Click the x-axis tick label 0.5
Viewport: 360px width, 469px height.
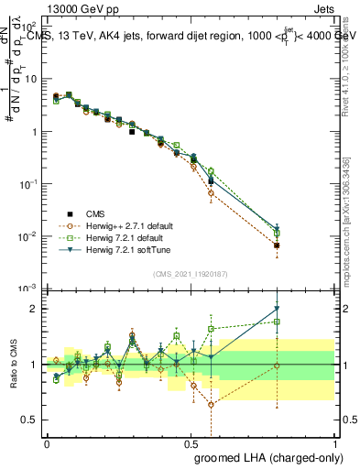coord(191,442)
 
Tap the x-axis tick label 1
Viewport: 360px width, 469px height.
coord(334,442)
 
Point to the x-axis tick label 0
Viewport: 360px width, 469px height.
coord(46,442)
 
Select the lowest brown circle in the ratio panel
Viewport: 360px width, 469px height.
coord(212,404)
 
